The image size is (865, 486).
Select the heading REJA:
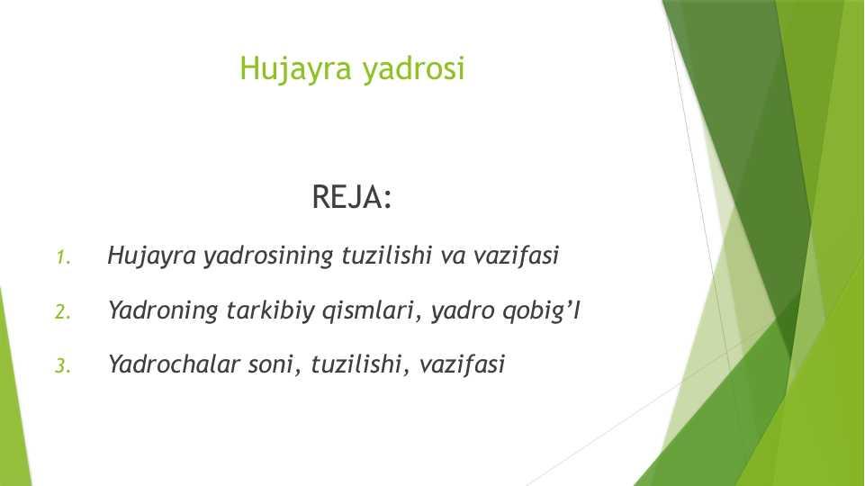[x=352, y=197]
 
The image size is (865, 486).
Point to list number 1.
[x=63, y=257]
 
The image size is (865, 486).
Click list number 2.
[x=63, y=312]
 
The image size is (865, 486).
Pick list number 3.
[x=63, y=365]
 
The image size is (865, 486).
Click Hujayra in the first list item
[x=152, y=256]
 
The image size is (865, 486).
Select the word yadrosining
[x=268, y=256]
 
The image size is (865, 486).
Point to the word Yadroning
[x=163, y=311]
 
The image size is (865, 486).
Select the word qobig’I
[x=541, y=311]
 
